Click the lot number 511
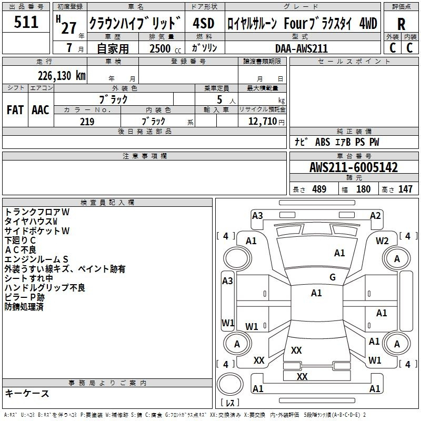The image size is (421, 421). (26, 22)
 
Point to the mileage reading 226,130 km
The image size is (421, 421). (62, 75)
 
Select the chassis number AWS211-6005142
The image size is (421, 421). (353, 168)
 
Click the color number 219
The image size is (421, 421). (87, 122)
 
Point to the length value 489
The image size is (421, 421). (318, 189)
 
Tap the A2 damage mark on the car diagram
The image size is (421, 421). (375, 215)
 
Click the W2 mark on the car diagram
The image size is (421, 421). (382, 241)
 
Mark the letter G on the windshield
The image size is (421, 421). (332, 277)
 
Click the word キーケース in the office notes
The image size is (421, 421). (27, 393)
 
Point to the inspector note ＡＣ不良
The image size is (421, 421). (21, 249)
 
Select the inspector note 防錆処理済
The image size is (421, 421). (24, 306)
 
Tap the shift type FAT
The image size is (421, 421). (15, 110)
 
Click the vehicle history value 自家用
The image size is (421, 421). (113, 48)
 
